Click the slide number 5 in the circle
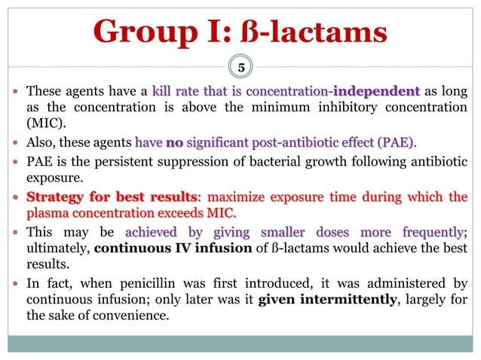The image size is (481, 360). tap(241, 67)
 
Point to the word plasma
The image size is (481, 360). tap(49, 215)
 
